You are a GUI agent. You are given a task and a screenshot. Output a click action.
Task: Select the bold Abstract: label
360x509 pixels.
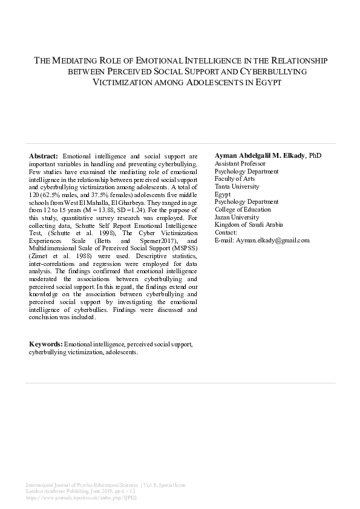[x=44, y=156]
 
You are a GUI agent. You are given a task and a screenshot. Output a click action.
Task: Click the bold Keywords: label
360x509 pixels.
[x=46, y=344]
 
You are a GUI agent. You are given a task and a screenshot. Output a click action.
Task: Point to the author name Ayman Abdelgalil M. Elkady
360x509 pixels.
[x=260, y=156]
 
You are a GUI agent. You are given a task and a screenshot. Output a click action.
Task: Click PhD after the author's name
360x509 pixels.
[x=315, y=156]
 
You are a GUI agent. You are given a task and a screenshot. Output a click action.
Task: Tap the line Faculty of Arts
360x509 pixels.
[x=235, y=179]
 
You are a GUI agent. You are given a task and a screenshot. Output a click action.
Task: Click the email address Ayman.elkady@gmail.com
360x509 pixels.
[x=262, y=240]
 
